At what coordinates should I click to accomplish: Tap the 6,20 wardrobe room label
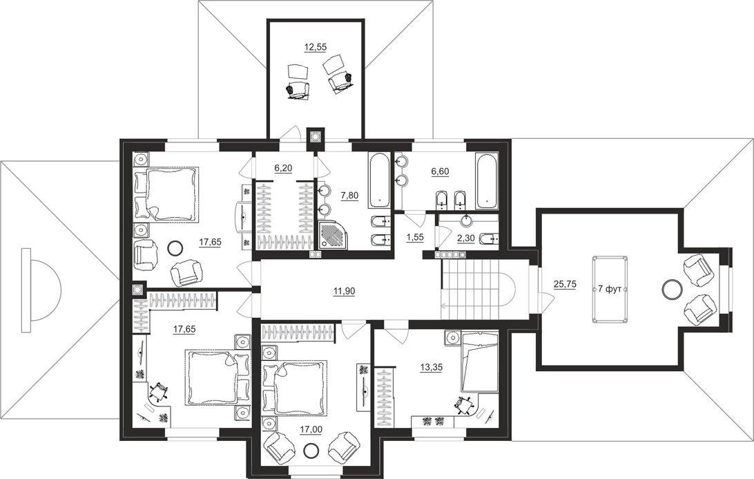click(x=283, y=167)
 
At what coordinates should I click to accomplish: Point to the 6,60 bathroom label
click(x=441, y=171)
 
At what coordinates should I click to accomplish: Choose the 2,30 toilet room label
click(x=465, y=237)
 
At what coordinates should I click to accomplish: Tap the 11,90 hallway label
click(x=343, y=290)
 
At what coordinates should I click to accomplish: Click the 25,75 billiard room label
click(x=565, y=285)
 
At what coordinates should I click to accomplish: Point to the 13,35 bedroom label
click(x=432, y=367)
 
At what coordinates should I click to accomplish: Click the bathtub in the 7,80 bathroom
click(x=379, y=180)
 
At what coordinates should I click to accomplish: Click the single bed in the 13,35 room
click(x=479, y=362)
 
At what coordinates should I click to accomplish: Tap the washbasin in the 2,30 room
click(x=466, y=220)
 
